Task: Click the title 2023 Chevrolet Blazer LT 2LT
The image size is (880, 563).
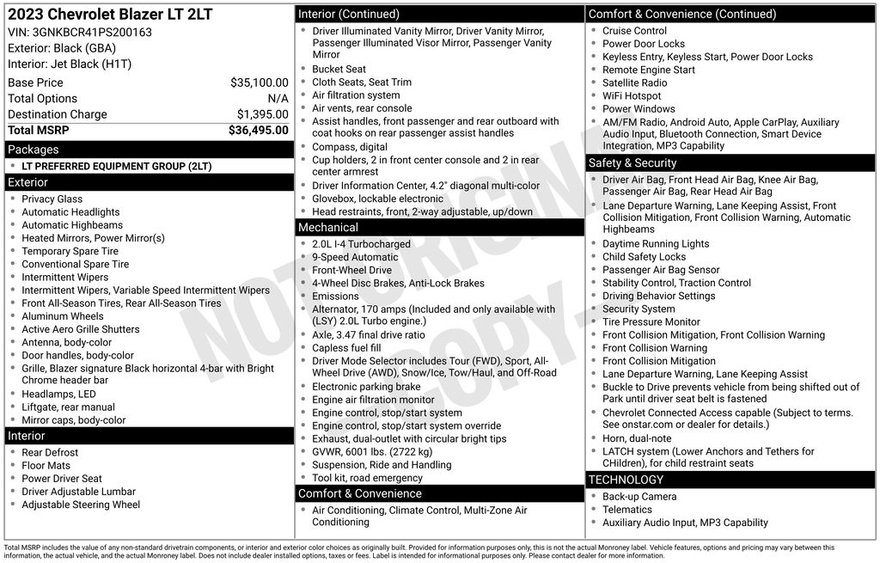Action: point(110,15)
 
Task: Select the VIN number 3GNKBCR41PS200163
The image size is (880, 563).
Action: point(92,32)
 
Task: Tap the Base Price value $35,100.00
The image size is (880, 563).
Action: point(259,83)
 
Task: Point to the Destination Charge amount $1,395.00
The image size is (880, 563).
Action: point(262,114)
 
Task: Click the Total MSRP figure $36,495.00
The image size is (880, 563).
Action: point(258,131)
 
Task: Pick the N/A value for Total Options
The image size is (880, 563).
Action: point(278,99)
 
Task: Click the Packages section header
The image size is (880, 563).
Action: point(34,150)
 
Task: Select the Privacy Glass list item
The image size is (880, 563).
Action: point(52,199)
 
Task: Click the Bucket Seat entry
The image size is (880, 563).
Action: point(339,70)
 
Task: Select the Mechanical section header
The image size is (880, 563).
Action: point(328,228)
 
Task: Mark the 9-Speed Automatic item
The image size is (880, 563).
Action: point(355,257)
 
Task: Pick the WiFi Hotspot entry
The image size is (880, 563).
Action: point(632,96)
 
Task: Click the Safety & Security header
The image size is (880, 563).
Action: point(632,163)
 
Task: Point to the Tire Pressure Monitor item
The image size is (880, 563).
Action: point(651,322)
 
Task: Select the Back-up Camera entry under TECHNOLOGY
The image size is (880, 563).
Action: point(639,497)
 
